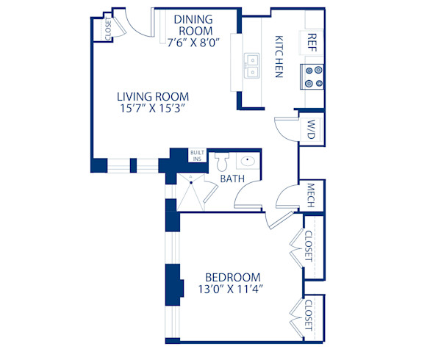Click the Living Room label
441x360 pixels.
click(153, 96)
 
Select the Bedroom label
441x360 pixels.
click(232, 276)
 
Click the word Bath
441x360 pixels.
click(233, 178)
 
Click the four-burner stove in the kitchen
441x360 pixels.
click(313, 76)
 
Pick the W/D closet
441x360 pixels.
click(312, 131)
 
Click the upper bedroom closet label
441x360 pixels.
click(308, 248)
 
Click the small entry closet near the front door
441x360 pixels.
click(108, 29)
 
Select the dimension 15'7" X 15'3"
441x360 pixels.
click(153, 109)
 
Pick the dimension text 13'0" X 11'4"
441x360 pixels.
click(232, 289)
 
